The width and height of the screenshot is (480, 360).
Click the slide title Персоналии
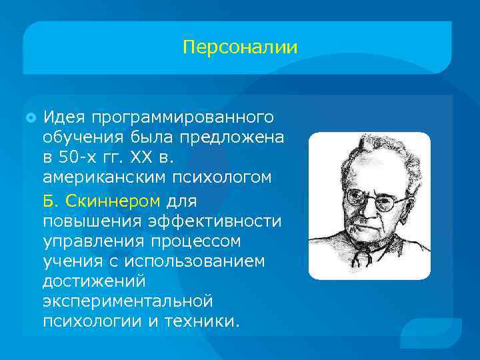(240, 48)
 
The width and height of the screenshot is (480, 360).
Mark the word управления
(90, 241)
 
